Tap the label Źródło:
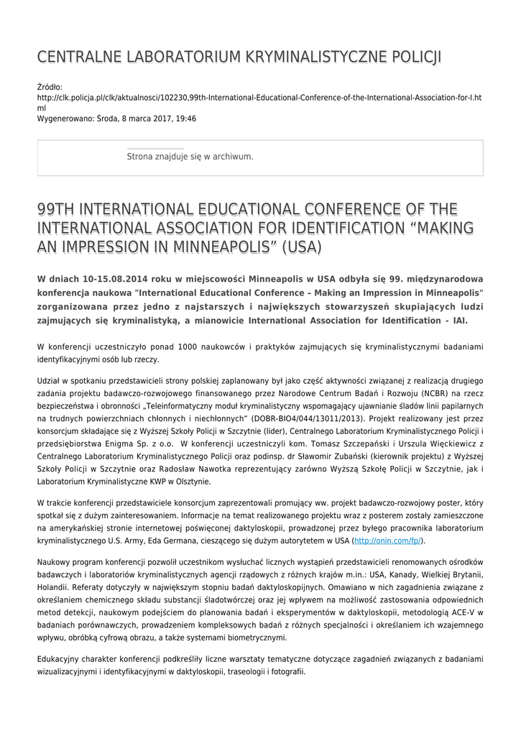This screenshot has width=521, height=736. tap(50, 87)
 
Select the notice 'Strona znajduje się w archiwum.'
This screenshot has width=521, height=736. tap(190, 156)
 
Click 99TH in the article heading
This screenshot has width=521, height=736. tap(56, 209)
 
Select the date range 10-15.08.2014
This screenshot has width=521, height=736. tap(121, 279)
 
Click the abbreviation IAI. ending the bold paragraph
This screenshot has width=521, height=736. tap(456, 321)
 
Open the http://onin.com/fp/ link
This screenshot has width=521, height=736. tap(387, 540)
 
